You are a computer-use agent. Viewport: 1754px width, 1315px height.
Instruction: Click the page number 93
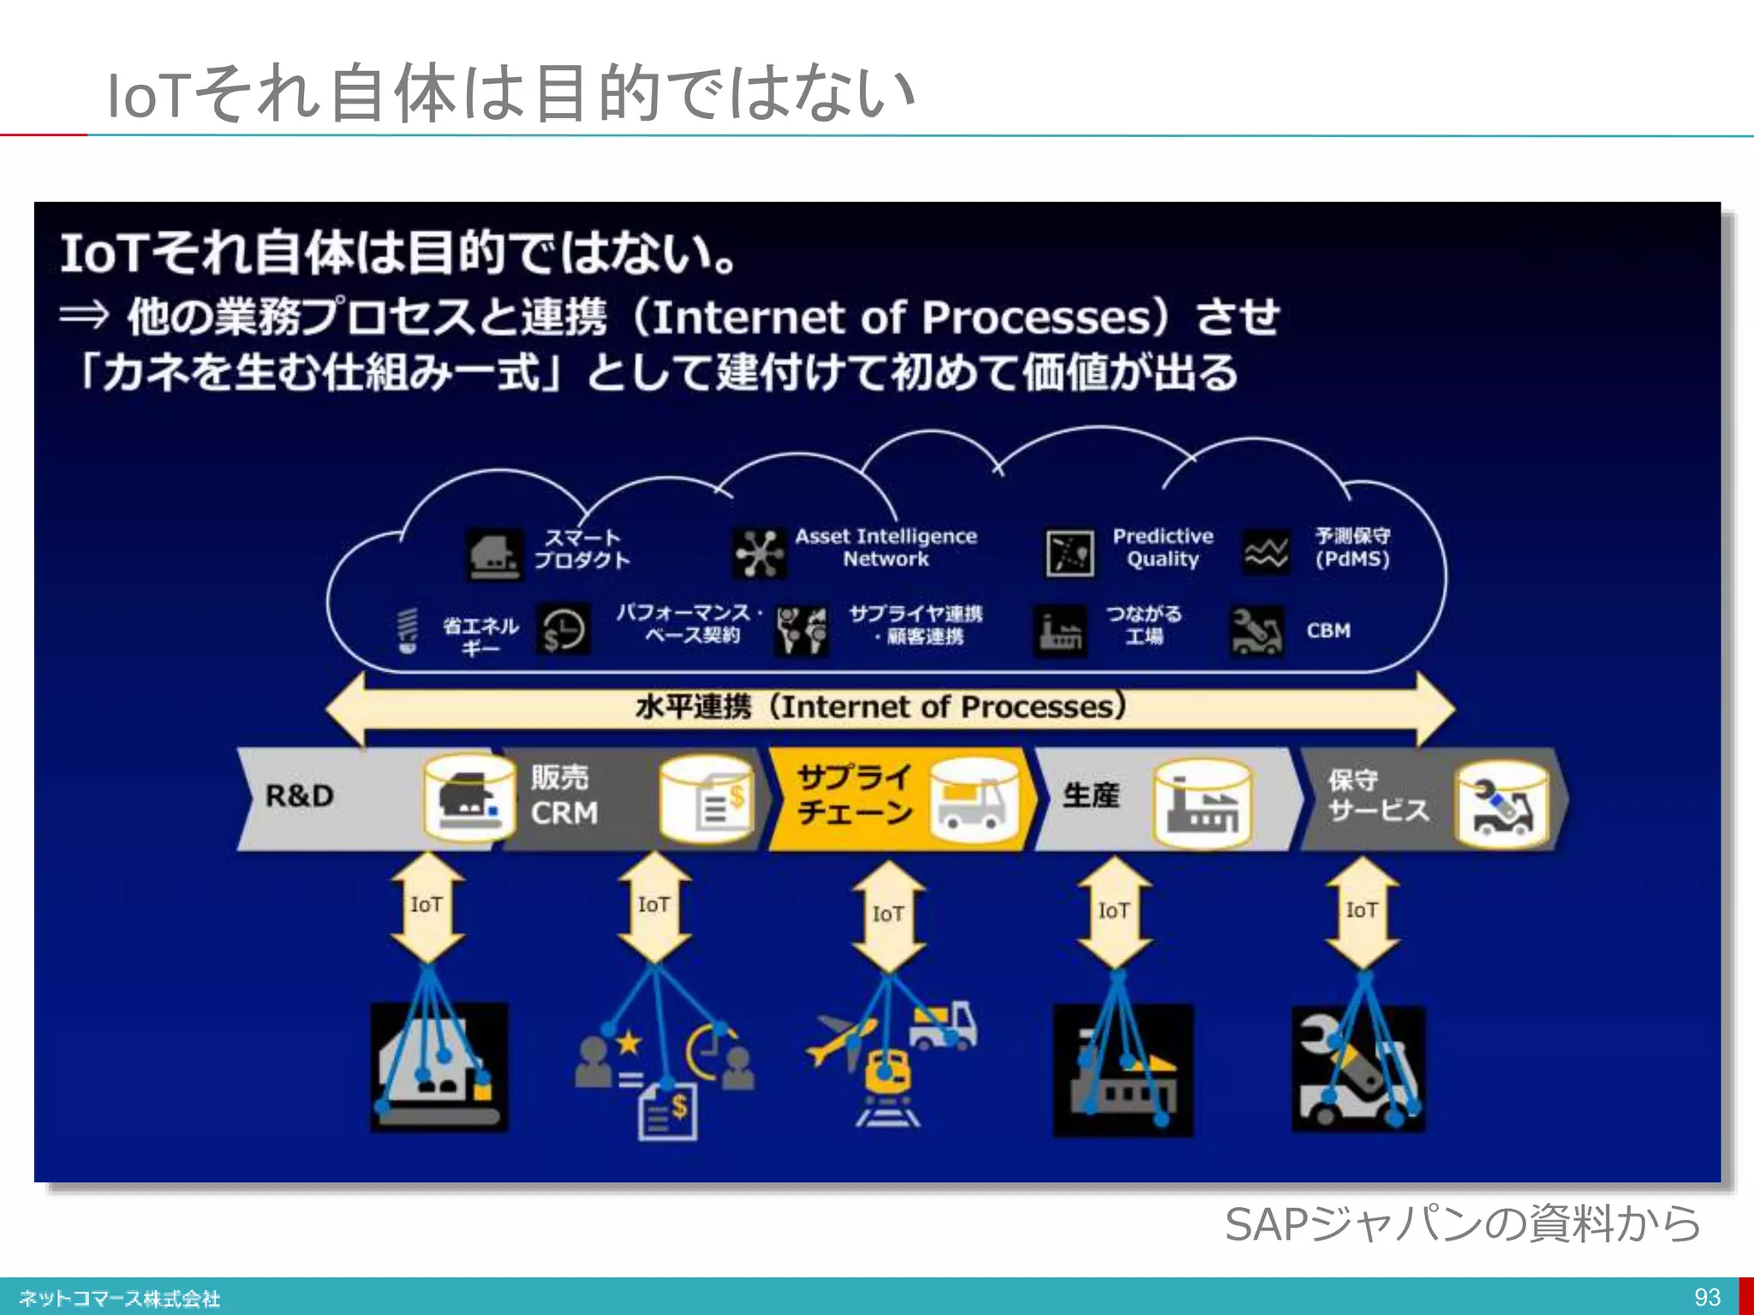coord(1707,1297)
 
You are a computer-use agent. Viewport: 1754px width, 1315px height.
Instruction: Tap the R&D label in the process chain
coord(299,796)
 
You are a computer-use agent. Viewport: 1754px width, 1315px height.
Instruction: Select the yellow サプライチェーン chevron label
coord(854,794)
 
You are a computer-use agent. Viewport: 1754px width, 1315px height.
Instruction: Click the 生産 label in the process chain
coord(1090,795)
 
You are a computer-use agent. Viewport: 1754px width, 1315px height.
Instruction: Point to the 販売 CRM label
coord(563,795)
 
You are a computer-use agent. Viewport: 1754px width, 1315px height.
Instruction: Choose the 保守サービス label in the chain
coord(1377,795)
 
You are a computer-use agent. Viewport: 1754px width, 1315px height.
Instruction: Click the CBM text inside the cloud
coord(1327,631)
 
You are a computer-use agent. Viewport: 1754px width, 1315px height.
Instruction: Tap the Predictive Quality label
coord(1162,548)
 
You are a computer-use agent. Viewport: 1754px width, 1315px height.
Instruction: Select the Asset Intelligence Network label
coord(886,548)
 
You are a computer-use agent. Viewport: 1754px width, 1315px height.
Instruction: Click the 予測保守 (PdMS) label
coord(1352,548)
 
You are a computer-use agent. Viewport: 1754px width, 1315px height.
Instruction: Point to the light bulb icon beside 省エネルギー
coord(408,631)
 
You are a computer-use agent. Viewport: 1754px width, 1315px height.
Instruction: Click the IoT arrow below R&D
coord(427,907)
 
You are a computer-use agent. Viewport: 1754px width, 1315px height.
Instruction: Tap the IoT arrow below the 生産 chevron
coord(1114,912)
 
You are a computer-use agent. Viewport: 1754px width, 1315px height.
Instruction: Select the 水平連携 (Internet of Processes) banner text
coord(880,707)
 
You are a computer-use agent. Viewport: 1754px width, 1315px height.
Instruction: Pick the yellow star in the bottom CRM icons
coord(629,1043)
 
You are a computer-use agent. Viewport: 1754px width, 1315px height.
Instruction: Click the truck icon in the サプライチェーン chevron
coord(972,803)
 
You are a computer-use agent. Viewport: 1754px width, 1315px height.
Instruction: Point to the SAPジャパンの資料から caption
coord(1461,1223)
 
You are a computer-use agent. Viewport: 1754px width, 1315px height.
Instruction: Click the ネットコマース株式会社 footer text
coord(120,1299)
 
